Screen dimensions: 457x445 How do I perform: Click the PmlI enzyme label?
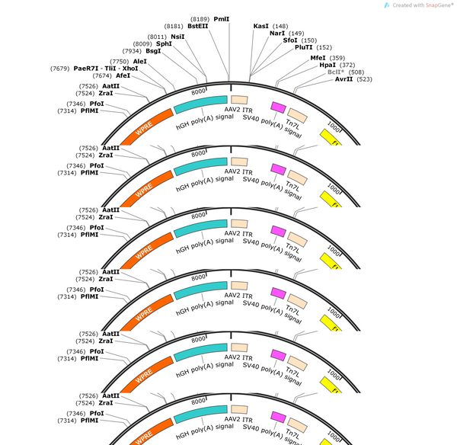[222, 19]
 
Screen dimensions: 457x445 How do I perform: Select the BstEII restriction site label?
[198, 26]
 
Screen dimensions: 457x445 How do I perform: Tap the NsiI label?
[177, 37]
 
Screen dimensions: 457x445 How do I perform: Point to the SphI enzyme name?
[164, 43]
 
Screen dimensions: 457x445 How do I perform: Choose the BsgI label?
[153, 51]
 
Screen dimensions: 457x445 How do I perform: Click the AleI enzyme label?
[140, 62]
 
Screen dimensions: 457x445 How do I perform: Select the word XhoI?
[130, 69]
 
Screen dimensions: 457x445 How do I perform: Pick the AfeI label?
[123, 76]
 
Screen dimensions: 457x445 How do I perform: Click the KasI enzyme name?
[260, 26]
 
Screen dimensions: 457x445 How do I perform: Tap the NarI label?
[277, 34]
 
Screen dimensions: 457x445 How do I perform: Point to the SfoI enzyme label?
[290, 40]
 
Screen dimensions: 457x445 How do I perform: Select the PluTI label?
[303, 47]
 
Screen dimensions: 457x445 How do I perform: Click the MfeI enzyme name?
[318, 58]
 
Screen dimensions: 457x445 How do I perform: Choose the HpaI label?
[328, 65]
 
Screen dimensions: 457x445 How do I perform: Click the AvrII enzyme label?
[344, 79]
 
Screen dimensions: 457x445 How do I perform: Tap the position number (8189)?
[200, 19]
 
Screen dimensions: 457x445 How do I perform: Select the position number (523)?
[364, 79]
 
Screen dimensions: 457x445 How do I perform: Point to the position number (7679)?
[59, 69]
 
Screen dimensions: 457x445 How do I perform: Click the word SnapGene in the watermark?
[439, 5]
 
